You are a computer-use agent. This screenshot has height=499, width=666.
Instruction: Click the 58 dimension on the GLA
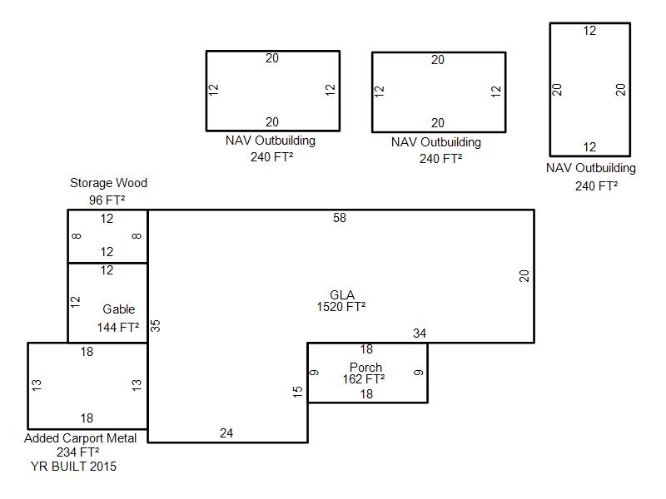[x=340, y=218]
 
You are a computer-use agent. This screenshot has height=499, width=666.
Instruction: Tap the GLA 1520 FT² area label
[x=341, y=301]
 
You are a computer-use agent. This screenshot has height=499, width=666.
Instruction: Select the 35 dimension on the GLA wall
[x=156, y=325]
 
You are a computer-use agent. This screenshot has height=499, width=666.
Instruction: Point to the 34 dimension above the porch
[x=420, y=333]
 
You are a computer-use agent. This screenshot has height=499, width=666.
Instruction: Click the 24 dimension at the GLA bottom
[x=226, y=433]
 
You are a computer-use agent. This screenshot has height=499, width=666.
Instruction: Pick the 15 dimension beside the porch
[x=298, y=392]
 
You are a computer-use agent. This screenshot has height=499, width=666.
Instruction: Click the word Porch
[x=365, y=368]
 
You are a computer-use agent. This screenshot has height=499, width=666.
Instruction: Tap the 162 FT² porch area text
[x=364, y=379]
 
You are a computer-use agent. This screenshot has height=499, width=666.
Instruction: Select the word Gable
[x=119, y=309]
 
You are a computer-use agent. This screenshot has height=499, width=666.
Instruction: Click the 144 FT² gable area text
[x=118, y=328]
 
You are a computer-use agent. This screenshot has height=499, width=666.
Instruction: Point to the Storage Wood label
[x=109, y=183]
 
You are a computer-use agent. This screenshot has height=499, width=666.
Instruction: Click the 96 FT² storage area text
[x=107, y=200]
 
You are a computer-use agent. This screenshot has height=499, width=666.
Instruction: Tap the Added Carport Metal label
[x=80, y=438]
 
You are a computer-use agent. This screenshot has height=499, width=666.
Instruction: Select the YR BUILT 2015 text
[x=73, y=467]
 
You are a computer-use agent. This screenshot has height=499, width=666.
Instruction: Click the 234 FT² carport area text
[x=78, y=452]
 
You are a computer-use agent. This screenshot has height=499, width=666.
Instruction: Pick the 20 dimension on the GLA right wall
[x=524, y=276]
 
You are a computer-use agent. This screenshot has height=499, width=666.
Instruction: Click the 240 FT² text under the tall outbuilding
[x=597, y=185]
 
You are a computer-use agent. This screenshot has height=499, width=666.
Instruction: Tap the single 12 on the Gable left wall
[x=75, y=302]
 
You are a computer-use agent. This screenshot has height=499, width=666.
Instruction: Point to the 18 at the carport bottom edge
[x=87, y=418]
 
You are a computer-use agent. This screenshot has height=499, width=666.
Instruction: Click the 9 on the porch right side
[x=419, y=373]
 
